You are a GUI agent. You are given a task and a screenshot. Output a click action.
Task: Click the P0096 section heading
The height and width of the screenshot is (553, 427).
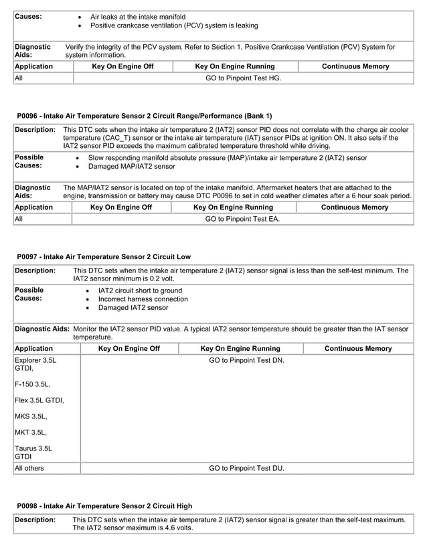click(144, 115)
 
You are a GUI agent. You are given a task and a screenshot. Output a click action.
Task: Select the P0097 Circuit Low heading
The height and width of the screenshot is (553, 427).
click(104, 256)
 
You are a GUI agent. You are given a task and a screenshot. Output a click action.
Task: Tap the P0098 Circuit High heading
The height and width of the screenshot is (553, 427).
click(104, 506)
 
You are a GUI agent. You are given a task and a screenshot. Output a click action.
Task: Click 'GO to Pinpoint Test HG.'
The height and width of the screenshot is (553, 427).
click(243, 78)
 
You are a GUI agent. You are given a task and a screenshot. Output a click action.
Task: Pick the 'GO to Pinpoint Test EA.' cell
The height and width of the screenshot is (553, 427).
click(242, 219)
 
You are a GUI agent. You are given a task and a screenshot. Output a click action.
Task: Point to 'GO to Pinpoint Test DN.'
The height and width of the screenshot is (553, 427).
click(246, 360)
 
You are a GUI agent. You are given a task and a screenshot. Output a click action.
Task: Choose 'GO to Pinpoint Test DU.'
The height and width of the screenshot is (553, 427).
click(246, 468)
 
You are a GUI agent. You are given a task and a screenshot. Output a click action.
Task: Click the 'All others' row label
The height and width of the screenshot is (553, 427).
click(29, 468)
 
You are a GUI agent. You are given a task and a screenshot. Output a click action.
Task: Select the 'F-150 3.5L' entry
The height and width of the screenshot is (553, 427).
click(33, 384)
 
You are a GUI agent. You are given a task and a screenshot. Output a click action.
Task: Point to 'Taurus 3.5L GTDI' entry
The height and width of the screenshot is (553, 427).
click(34, 453)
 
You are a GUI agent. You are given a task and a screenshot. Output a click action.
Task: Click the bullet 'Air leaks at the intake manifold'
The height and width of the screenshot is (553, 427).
click(138, 16)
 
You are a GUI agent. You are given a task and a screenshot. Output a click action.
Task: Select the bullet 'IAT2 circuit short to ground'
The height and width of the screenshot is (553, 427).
click(140, 291)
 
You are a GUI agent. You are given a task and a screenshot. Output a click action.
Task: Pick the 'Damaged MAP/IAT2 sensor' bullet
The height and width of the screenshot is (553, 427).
click(133, 166)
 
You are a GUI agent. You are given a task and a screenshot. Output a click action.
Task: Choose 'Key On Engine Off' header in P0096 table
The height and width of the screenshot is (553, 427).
click(121, 208)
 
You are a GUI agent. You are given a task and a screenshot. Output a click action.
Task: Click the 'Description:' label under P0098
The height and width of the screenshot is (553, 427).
click(35, 520)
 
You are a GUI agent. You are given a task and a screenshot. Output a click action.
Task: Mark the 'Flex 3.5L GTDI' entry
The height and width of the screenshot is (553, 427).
click(39, 400)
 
